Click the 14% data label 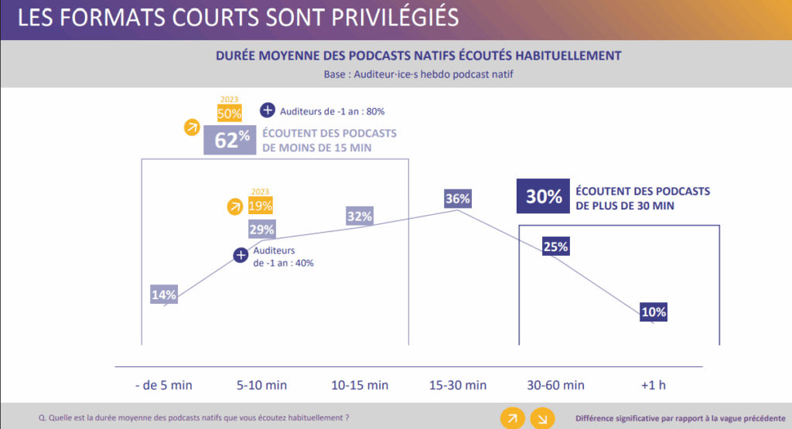click(x=165, y=295)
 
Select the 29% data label click(x=261, y=230)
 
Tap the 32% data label click(x=360, y=216)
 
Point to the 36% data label click(x=458, y=199)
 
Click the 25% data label click(x=555, y=247)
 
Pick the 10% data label click(x=654, y=312)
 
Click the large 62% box click(x=227, y=141)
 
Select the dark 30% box click(x=544, y=196)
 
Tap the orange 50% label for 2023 click(x=229, y=114)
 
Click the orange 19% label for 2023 click(x=261, y=206)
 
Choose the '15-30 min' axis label click(x=458, y=384)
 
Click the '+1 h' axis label click(x=654, y=384)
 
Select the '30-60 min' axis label click(x=555, y=384)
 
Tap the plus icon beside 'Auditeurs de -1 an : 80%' click(x=268, y=111)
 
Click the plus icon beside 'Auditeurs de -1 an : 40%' click(x=241, y=255)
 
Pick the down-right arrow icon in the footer click(x=541, y=418)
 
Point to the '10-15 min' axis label click(x=360, y=384)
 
